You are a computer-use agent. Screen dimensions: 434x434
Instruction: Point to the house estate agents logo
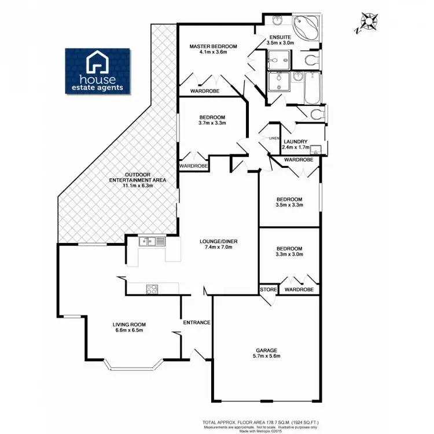tap(98, 71)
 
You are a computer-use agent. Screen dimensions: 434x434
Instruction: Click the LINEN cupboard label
tap(274, 138)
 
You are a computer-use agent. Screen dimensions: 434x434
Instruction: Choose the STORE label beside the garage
tap(267, 289)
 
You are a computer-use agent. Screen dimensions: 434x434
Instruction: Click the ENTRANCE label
tap(196, 322)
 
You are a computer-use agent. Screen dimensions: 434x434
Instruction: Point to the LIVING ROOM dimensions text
tap(128, 330)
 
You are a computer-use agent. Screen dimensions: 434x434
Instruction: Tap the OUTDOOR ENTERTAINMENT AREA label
tap(138, 178)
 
